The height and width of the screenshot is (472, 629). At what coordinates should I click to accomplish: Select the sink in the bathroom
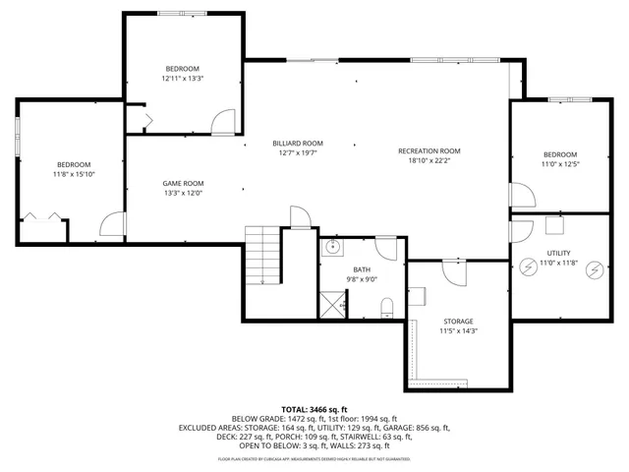[x=334, y=247]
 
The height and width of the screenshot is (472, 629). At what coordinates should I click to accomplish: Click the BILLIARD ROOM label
[x=298, y=144]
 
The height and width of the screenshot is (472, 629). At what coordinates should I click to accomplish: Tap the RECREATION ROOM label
[x=429, y=150]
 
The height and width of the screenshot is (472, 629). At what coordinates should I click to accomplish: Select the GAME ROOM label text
[x=183, y=183]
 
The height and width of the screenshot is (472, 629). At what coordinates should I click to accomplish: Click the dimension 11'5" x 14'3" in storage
[x=457, y=331]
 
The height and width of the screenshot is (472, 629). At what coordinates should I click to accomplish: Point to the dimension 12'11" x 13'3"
[x=183, y=78]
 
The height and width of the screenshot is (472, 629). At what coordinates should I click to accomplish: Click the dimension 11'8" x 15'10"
[x=74, y=174]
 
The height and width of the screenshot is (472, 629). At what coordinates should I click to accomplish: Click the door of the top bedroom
[x=225, y=122]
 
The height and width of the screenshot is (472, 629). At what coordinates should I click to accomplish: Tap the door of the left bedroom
[x=111, y=225]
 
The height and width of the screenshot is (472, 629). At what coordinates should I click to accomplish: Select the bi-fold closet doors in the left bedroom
[x=43, y=215]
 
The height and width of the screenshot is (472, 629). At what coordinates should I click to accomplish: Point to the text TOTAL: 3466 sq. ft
[x=314, y=408]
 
